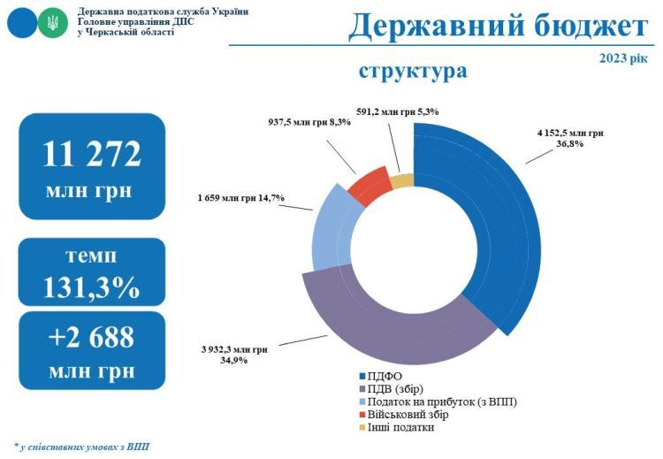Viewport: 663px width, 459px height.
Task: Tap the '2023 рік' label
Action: coord(622,58)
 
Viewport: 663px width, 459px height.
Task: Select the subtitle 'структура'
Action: coord(413,70)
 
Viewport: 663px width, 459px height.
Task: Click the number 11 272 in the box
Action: coord(91,154)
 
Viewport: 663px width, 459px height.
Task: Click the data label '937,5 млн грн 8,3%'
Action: coord(309,122)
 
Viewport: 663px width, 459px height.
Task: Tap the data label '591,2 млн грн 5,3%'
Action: coord(397,111)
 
